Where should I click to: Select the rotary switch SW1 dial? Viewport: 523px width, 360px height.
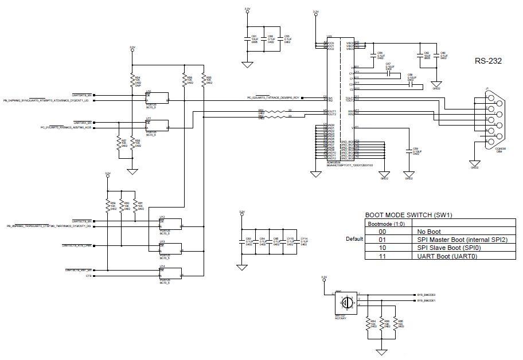click(x=346, y=302)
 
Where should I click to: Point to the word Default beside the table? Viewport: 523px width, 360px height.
click(x=355, y=239)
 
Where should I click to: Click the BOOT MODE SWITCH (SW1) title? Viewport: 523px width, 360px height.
click(x=409, y=216)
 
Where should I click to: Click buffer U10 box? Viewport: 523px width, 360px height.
click(x=157, y=97)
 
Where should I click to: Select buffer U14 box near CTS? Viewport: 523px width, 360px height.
click(x=170, y=273)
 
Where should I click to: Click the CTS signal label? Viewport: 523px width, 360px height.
click(x=88, y=276)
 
